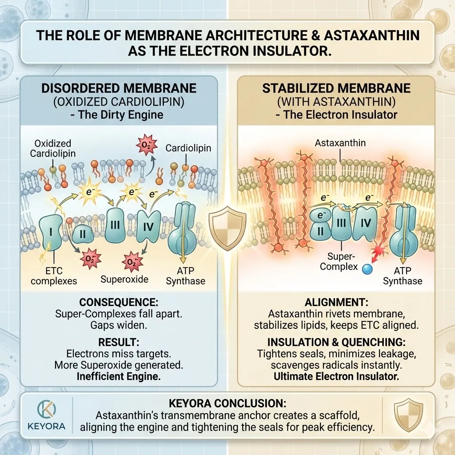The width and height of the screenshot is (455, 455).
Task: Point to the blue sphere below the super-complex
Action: pos(367,269)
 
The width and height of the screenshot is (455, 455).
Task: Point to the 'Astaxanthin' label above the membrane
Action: pos(339,143)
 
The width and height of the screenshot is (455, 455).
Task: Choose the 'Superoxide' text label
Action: pos(124,279)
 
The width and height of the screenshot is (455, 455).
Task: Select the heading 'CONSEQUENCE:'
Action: pos(119,303)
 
